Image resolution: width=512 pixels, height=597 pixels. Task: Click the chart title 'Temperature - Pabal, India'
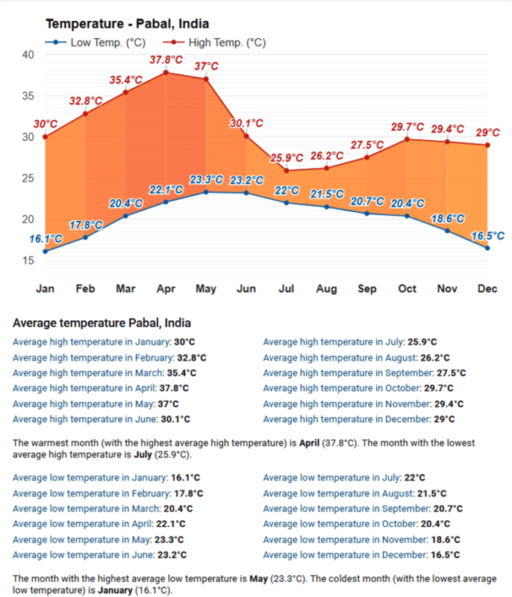pos(127,24)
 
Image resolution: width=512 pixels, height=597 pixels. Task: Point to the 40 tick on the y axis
pos(28,54)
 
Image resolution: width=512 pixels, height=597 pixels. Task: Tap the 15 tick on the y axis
pos(28,260)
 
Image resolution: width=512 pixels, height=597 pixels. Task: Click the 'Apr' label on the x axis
pos(166,288)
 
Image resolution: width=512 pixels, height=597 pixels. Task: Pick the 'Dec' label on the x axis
pos(487,288)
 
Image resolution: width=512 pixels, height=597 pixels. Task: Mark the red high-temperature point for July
pos(287,170)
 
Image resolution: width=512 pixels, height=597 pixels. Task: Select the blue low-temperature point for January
pos(45,251)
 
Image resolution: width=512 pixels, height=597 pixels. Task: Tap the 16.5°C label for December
pos(487,236)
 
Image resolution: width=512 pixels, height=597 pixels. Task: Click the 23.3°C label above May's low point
pos(206,180)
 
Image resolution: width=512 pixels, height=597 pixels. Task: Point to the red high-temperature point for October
pos(407,139)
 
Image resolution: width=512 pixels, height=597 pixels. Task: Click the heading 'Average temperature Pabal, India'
pos(102,323)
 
